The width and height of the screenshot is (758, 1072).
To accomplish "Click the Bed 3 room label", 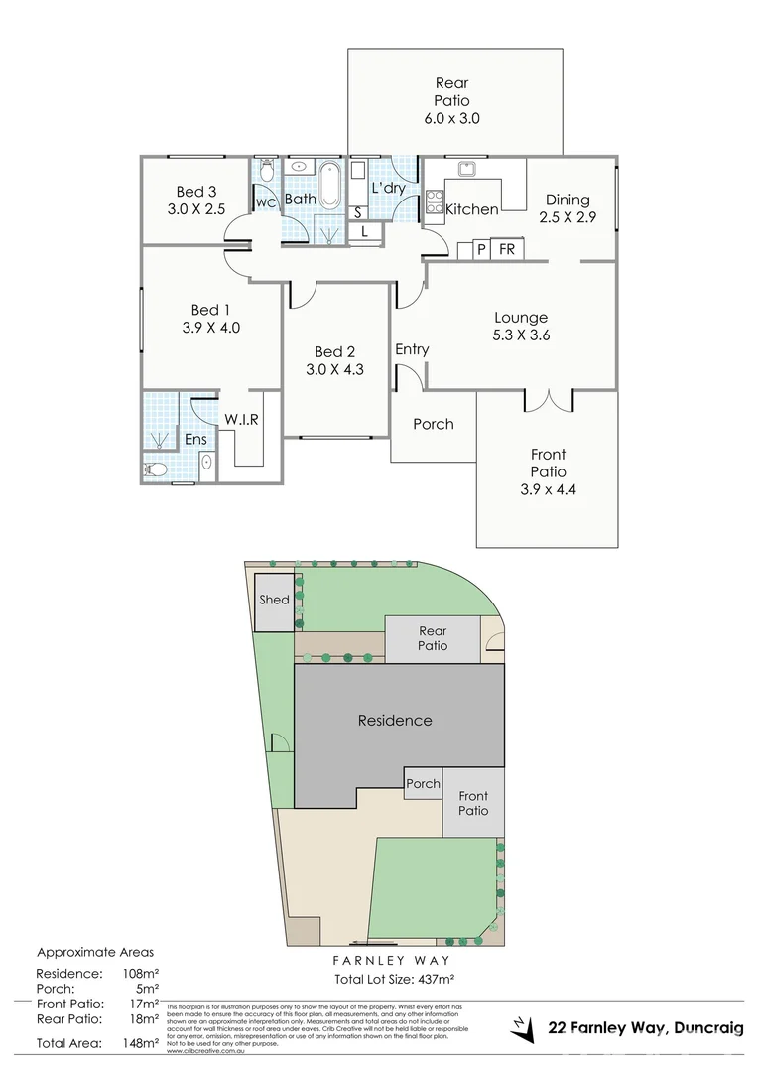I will [x=196, y=192].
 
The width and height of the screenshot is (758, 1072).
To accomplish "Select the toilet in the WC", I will [x=265, y=172].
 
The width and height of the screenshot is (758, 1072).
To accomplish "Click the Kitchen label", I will [x=471, y=209].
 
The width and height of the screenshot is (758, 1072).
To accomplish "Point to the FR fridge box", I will [x=506, y=249].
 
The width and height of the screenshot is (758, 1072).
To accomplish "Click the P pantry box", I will [x=481, y=249].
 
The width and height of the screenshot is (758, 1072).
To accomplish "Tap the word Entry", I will [x=412, y=349].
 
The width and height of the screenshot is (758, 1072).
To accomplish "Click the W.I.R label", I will [x=241, y=419].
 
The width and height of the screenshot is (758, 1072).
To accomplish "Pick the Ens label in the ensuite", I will [x=195, y=439].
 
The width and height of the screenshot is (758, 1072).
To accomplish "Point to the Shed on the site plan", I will [x=274, y=601].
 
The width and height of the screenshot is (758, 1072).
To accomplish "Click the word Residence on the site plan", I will [x=395, y=720].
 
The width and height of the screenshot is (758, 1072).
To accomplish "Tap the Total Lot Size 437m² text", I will [x=394, y=979].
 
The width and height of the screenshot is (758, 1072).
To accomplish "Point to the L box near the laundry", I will [x=366, y=231].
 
